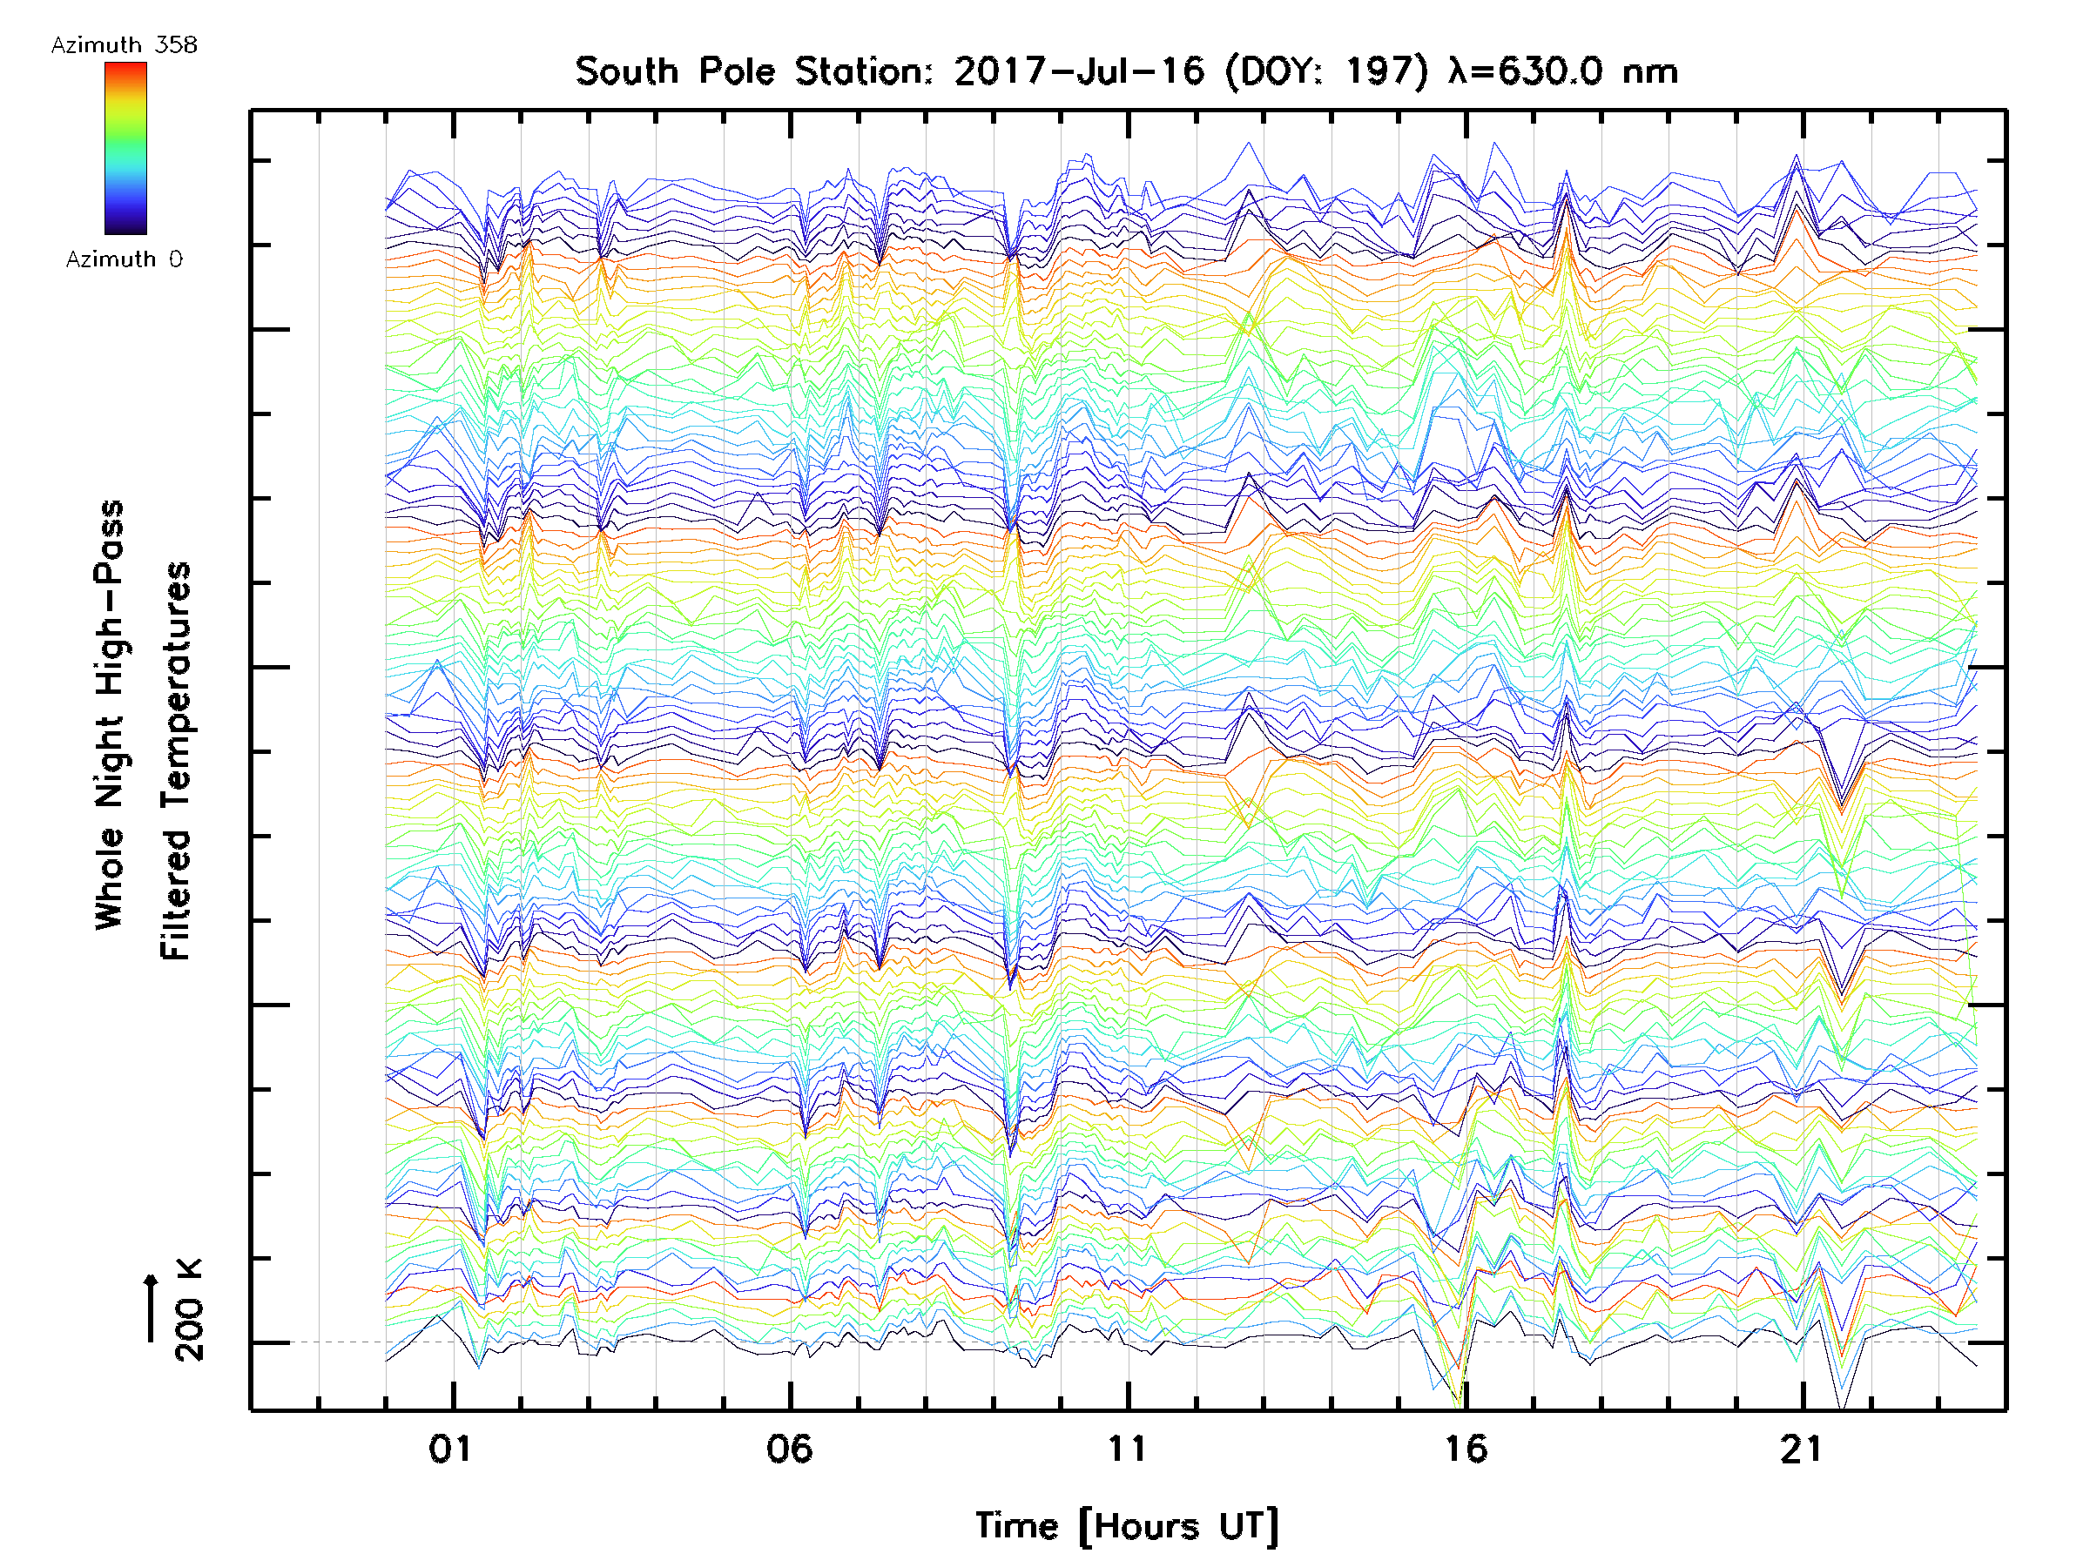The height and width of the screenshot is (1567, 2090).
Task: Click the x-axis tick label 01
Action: [x=449, y=1448]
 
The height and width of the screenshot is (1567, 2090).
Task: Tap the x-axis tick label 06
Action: [x=789, y=1448]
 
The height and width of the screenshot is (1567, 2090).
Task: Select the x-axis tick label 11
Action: [x=1126, y=1448]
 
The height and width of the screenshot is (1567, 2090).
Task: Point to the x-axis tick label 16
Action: [x=1466, y=1448]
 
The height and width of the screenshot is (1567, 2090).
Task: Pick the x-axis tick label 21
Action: [x=1801, y=1448]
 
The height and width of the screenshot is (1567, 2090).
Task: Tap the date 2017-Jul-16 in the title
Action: [x=1079, y=71]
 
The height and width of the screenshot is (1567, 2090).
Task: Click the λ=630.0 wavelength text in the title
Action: [x=1561, y=71]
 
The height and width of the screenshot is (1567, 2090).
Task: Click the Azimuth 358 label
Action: [x=124, y=45]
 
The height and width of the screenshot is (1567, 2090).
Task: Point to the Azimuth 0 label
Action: [x=124, y=259]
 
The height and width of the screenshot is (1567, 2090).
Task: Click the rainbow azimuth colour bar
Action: [x=125, y=148]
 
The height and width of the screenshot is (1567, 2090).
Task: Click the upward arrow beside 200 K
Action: [x=152, y=1308]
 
